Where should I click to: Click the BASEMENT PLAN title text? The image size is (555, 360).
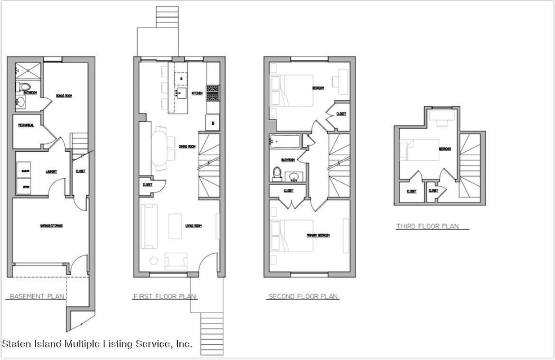36,296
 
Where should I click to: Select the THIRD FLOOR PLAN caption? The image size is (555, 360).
428,226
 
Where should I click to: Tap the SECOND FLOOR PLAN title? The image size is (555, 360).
303,296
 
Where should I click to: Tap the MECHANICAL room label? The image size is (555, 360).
25,125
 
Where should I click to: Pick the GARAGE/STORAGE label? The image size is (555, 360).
51,225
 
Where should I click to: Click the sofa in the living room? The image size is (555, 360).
149,227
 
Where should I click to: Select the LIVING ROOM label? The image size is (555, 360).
193,226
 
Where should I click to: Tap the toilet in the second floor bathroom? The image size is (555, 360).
277,172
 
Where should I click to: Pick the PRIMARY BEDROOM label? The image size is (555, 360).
318,235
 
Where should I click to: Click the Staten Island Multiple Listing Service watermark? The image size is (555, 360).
97,343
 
